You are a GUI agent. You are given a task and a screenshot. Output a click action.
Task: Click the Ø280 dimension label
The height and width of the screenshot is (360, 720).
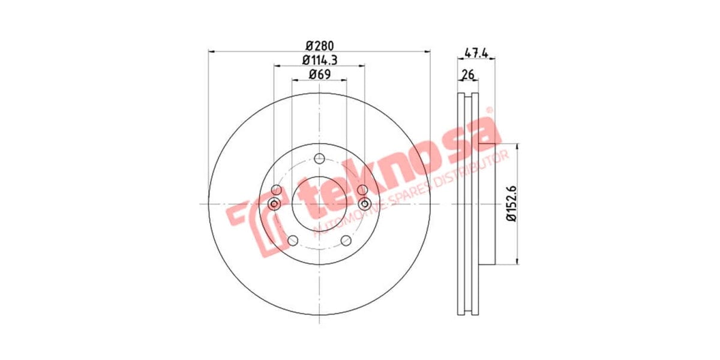pos(319,45)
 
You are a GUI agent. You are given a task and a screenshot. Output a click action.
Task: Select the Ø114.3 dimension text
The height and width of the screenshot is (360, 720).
pos(319,60)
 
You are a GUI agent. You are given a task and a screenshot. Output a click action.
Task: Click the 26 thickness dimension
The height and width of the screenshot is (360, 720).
pos(468,75)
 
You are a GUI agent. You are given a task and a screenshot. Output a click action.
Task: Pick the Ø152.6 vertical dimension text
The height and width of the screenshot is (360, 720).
pos(511,203)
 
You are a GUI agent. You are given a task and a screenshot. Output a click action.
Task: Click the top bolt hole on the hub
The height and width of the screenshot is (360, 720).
pos(319,158)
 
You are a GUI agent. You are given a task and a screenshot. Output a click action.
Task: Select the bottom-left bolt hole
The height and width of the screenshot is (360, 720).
pos(293,241)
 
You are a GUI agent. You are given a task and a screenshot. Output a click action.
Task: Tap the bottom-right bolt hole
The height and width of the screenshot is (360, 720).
pos(346,241)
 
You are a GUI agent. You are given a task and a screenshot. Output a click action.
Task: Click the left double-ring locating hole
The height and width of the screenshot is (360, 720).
pos(274,204)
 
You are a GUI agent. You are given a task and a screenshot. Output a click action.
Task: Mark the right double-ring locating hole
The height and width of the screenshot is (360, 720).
pos(364,204)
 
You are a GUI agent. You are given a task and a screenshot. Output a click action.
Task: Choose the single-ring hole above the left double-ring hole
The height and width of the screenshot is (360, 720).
pos(276,190)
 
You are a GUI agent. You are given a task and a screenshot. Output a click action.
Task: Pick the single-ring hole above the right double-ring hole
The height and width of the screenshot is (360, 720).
pos(362,190)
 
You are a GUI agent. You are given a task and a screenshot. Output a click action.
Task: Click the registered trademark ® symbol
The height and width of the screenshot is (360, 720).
pos(488,111)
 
